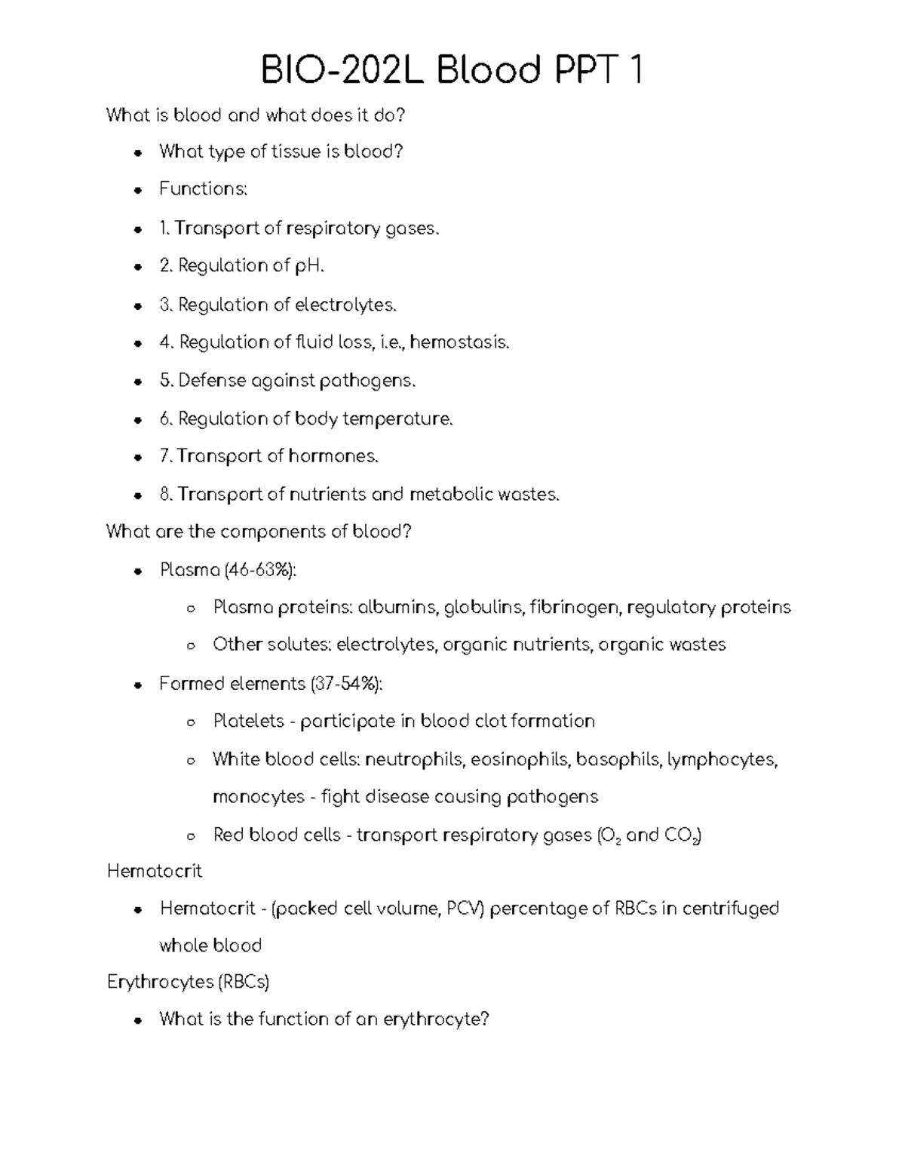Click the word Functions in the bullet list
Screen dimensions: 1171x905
[202, 189]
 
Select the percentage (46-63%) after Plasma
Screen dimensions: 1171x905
[260, 570]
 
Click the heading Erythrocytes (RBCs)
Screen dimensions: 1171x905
[188, 982]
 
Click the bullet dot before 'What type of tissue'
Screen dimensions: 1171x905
[137, 152]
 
